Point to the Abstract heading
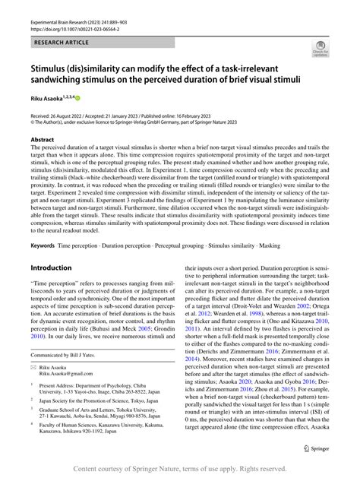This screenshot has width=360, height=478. [43, 140]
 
